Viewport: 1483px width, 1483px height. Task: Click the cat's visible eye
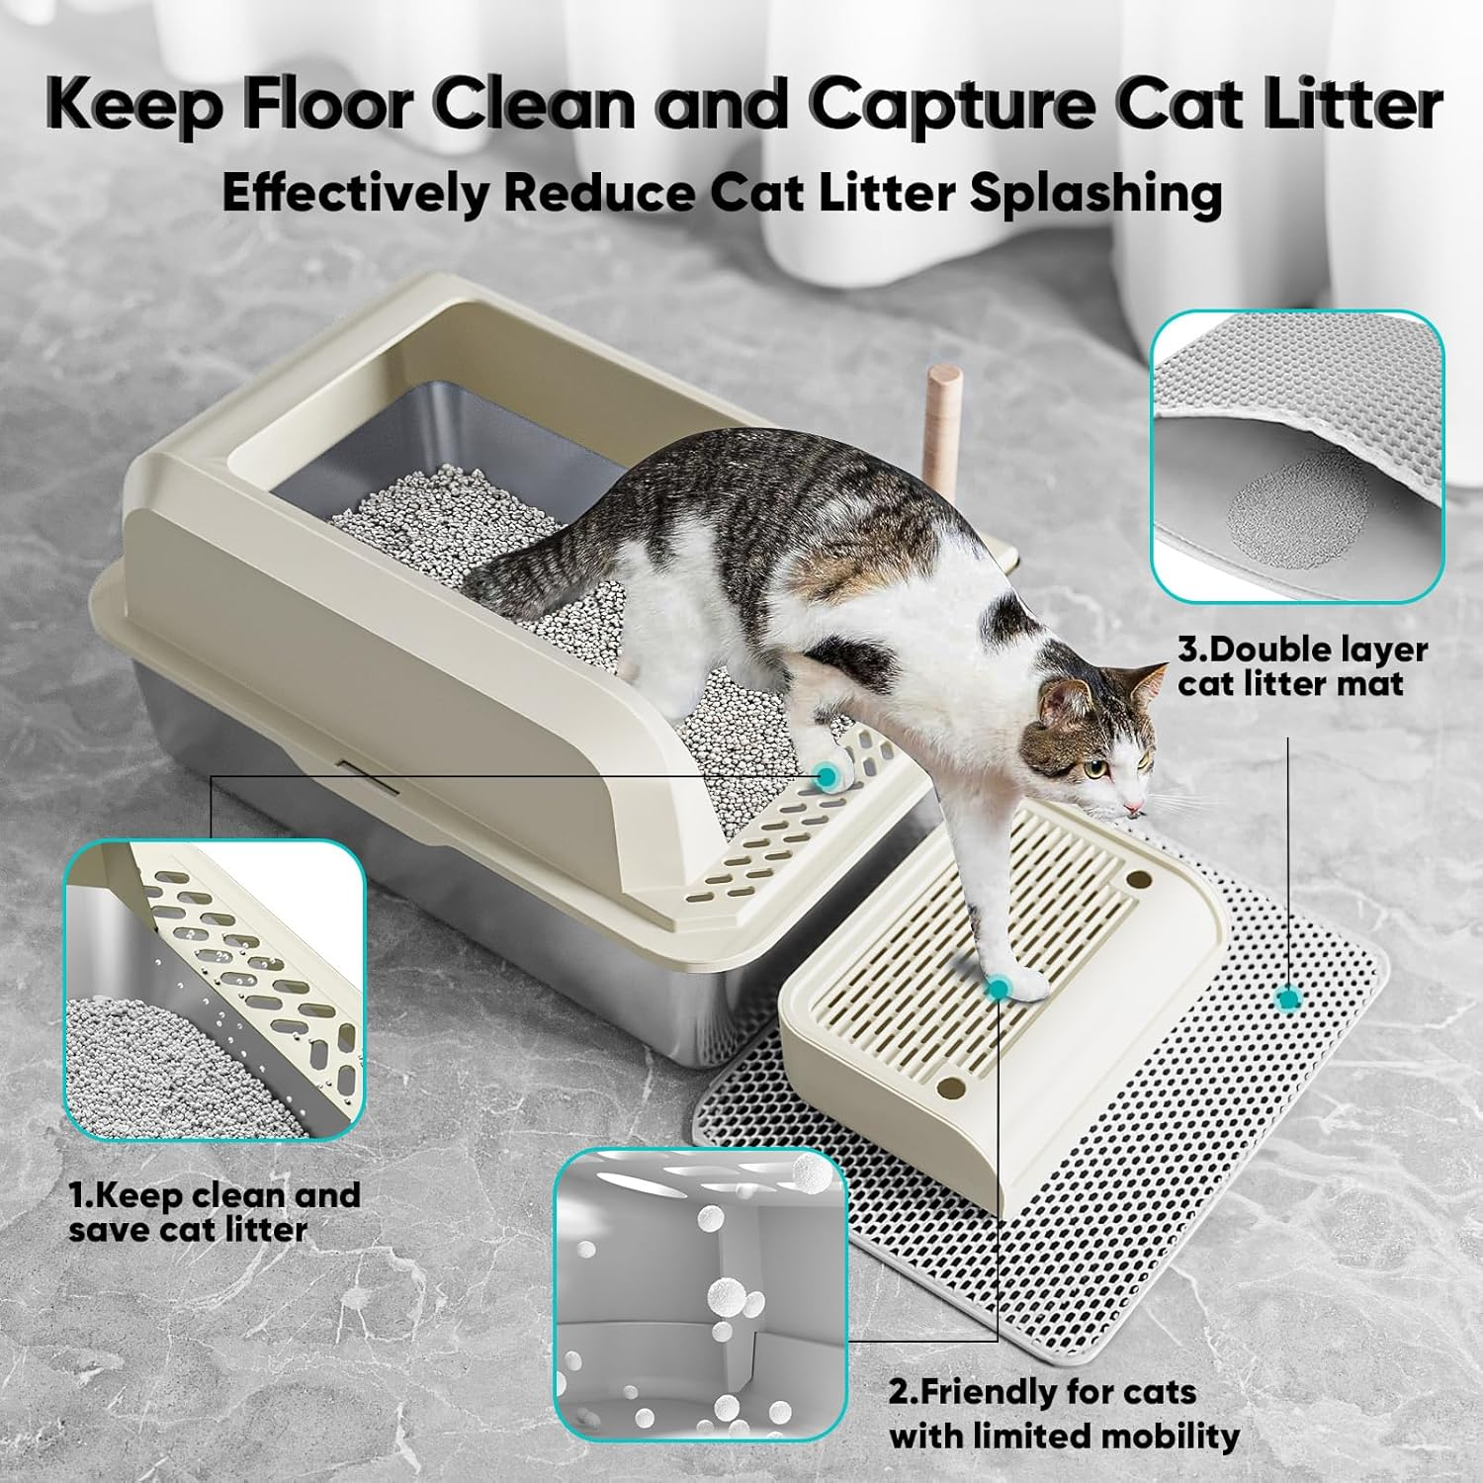tap(1090, 768)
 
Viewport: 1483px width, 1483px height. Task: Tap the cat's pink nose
tap(1138, 809)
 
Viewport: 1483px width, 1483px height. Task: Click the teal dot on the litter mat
tap(1287, 1000)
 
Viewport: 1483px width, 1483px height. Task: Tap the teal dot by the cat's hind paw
tap(825, 778)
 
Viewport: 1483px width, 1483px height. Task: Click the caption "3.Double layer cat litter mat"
tap(1301, 666)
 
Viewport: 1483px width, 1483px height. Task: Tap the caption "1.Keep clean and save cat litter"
tap(214, 1212)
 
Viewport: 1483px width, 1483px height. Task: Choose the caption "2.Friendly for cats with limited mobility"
tap(1063, 1414)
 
